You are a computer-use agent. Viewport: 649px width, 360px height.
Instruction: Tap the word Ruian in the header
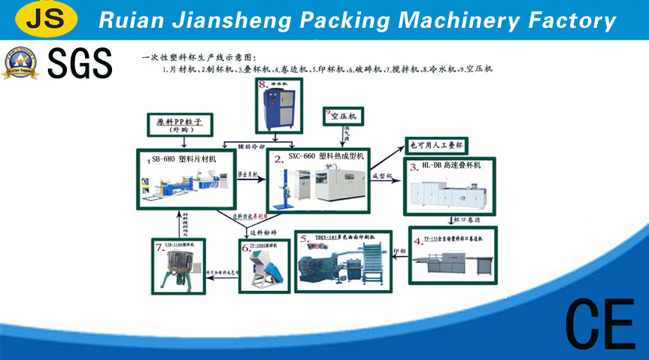(129, 20)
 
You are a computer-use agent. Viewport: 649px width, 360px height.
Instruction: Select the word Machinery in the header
(453, 20)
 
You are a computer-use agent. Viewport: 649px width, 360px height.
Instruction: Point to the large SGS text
(80, 63)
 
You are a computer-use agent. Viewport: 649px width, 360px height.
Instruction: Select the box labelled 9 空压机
(344, 116)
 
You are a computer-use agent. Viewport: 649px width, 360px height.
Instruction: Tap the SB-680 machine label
(183, 159)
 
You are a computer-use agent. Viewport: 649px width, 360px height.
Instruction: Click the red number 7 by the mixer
(159, 246)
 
